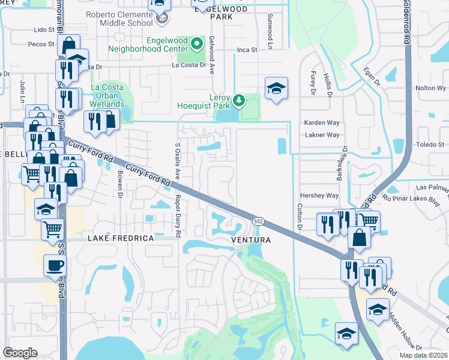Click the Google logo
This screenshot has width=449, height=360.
(20, 353)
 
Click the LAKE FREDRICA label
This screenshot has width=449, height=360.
(121, 238)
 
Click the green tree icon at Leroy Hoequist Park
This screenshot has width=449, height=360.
(240, 99)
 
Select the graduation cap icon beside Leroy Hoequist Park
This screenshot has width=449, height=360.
(276, 88)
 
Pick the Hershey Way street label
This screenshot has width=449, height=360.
(319, 196)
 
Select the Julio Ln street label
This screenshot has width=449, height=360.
(22, 91)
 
